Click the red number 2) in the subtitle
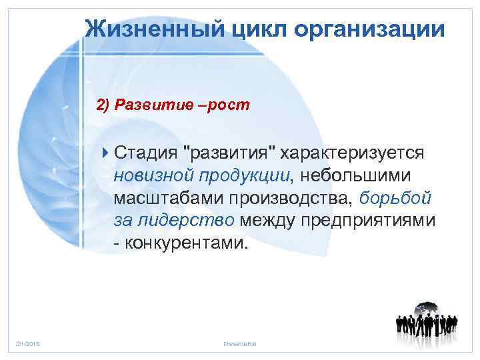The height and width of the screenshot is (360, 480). coord(103,105)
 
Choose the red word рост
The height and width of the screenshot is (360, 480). coord(227,105)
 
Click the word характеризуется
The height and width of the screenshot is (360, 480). coord(352,153)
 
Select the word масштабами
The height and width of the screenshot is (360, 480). coord(169,198)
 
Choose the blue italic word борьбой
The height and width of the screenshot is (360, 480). coord(395,198)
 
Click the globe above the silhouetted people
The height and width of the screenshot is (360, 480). coord(426,311)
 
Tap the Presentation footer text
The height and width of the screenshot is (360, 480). coord(239,343)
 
